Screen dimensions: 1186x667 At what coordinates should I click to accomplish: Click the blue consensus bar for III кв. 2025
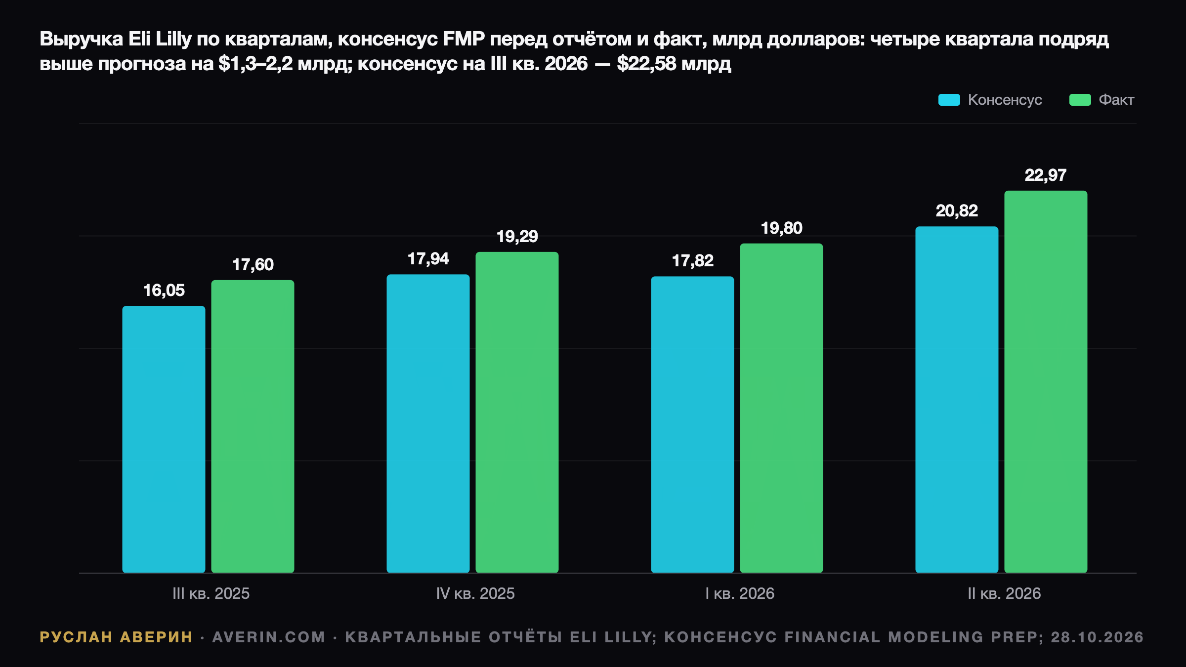point(164,439)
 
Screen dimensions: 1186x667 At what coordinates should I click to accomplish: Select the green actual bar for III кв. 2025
point(253,426)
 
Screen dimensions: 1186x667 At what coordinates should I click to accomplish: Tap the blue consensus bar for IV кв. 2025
point(428,423)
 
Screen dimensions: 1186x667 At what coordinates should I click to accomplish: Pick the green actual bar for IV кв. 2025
point(517,413)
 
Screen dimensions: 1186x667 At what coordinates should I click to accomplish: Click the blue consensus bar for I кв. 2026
point(692,424)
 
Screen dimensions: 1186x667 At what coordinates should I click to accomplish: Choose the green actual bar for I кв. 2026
point(781,408)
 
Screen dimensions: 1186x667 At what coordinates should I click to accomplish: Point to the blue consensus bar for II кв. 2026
point(957,400)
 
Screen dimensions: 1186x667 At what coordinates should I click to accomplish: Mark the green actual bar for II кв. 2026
point(1046,382)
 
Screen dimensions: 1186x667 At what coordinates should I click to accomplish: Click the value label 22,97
point(1046,175)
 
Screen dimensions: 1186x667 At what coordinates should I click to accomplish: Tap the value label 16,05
point(164,291)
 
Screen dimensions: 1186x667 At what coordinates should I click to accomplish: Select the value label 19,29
point(517,237)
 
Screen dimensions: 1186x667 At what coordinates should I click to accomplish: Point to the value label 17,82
point(692,261)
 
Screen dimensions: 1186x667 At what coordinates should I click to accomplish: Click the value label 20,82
point(957,211)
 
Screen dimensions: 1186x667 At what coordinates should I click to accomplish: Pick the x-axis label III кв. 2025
point(211,593)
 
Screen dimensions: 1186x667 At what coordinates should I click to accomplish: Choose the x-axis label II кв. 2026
point(1004,593)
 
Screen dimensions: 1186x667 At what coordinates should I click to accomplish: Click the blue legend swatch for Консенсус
point(949,100)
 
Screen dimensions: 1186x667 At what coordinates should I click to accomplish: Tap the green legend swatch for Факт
point(1080,100)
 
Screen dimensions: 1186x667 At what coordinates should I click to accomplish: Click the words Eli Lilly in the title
point(160,39)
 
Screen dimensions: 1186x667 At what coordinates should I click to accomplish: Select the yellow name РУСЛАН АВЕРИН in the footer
point(116,637)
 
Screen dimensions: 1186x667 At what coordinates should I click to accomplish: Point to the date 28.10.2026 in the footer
point(1097,637)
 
